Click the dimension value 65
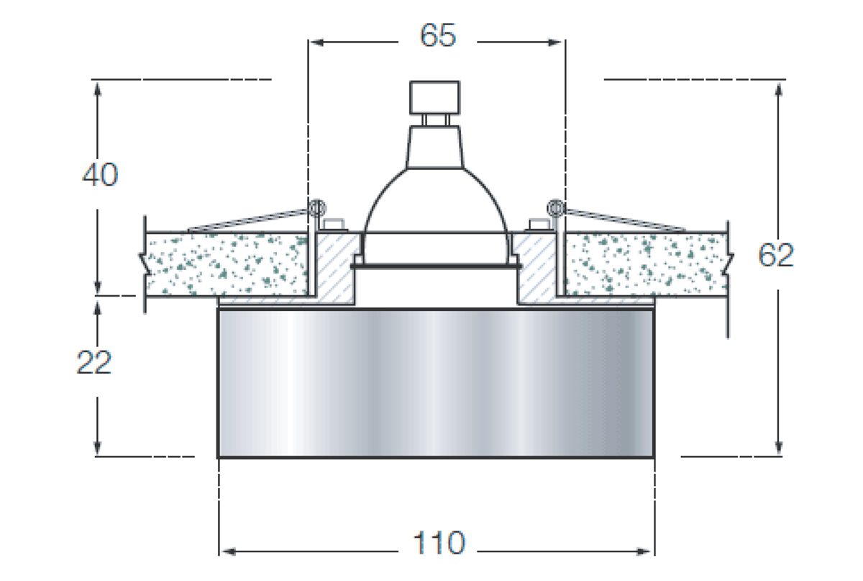pos(438,36)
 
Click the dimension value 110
pos(438,543)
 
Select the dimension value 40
pos(99,175)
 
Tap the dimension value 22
pos(94,363)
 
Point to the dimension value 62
pos(777,256)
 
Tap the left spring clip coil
pos(316,208)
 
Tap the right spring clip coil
pos(554,208)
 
